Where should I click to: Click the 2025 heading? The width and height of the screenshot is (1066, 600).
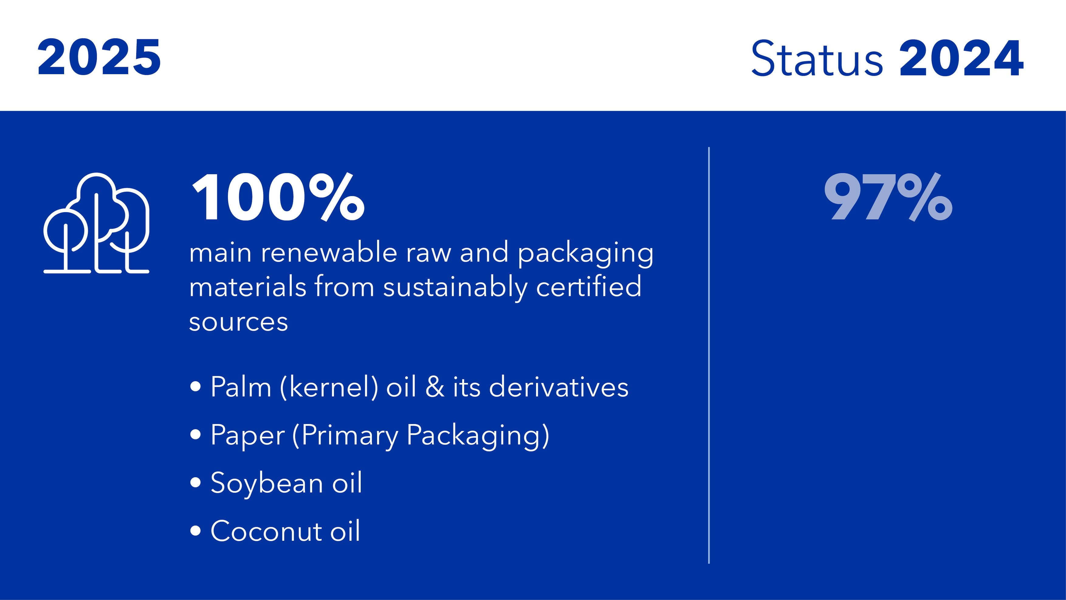[x=99, y=57]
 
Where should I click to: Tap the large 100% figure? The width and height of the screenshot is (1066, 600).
[x=278, y=197]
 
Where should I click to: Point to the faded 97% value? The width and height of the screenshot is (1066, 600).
[x=888, y=197]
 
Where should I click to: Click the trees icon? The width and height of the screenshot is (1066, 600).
[x=96, y=223]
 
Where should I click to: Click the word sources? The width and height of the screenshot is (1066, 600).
[x=238, y=322]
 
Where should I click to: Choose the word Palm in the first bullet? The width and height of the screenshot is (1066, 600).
[x=241, y=387]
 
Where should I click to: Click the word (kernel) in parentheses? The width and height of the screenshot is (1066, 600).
[x=329, y=387]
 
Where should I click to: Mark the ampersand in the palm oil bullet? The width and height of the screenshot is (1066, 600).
[x=435, y=387]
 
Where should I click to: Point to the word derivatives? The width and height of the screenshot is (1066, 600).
[x=559, y=387]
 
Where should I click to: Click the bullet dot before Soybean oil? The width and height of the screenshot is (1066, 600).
[x=195, y=482]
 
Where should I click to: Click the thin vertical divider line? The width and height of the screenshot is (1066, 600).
[x=709, y=355]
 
